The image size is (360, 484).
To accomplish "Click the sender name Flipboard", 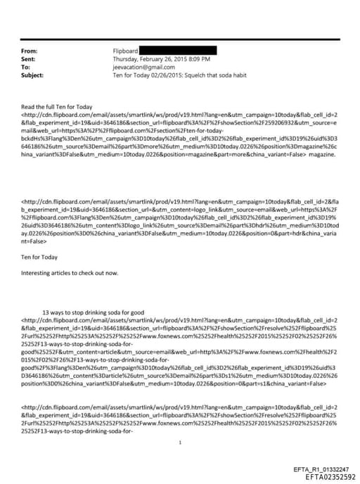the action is (126, 52).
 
